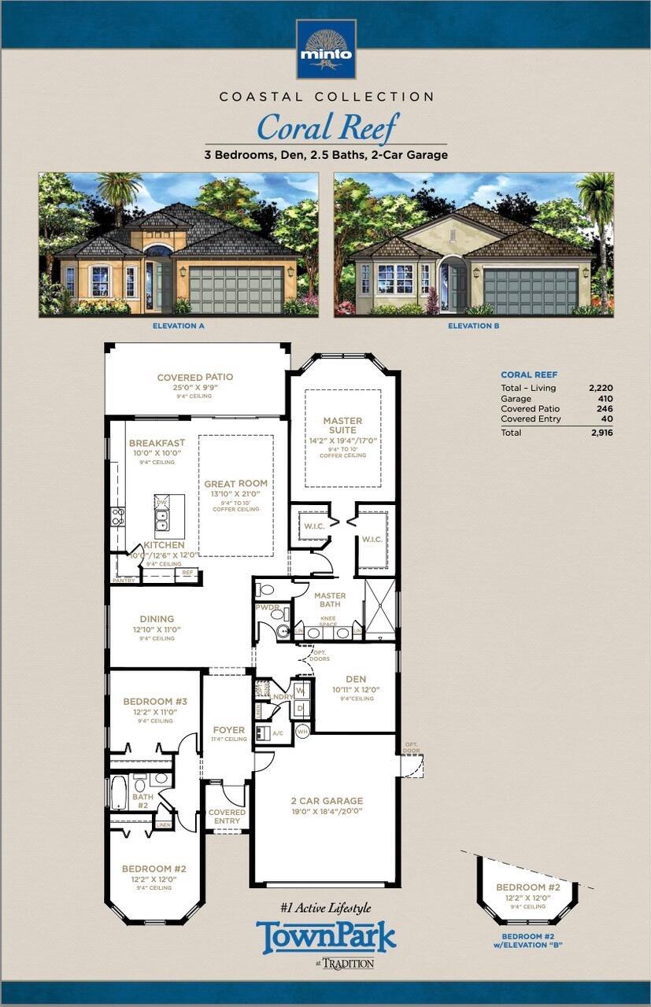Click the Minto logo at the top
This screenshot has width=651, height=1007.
point(325,49)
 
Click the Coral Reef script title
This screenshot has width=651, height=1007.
point(327,127)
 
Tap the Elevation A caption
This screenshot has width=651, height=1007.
point(179,325)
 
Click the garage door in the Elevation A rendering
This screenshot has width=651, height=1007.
point(236,290)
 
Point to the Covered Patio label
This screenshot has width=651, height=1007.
point(195,378)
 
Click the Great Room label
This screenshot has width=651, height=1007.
point(235,484)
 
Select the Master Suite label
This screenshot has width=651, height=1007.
point(342,426)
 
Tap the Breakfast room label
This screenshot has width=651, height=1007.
point(157,444)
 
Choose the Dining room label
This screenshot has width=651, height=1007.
point(157,619)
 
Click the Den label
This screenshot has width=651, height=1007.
point(356,680)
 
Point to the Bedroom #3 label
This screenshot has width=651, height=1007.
point(155,702)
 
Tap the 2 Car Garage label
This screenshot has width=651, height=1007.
point(326,801)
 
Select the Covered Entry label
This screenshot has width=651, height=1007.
point(227,817)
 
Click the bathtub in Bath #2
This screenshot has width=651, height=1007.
point(120,792)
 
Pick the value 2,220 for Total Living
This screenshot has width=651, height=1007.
point(600,388)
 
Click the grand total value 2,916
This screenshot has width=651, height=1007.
point(600,433)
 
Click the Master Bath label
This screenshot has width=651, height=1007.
point(330,600)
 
